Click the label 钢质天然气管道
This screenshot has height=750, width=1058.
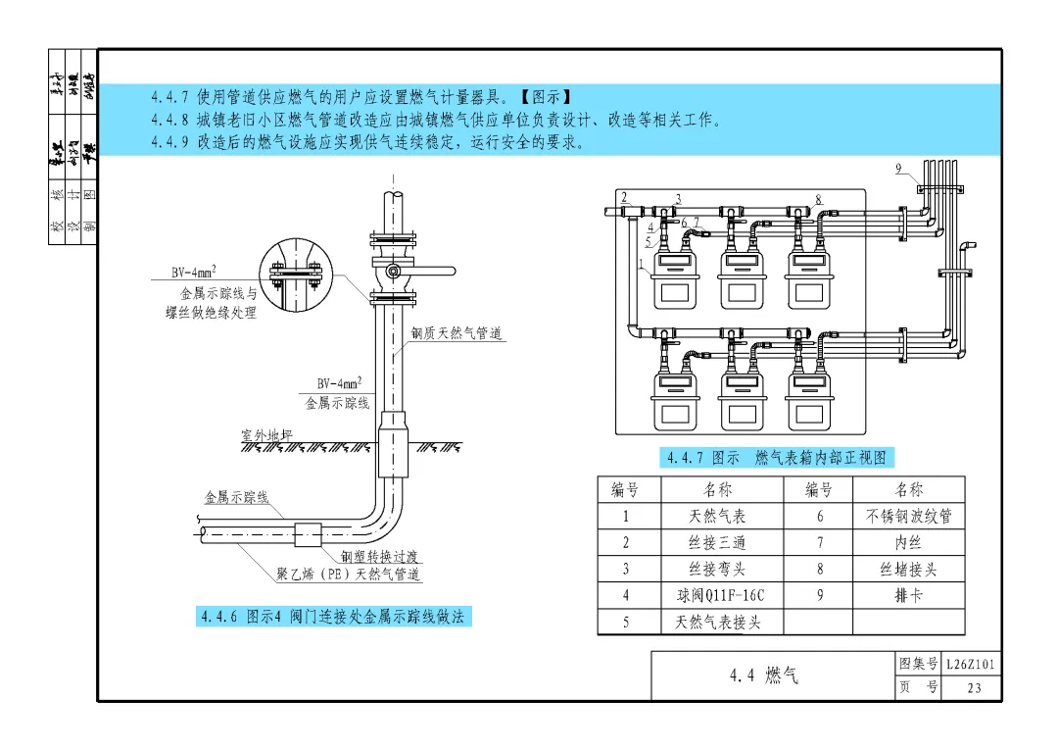(456, 334)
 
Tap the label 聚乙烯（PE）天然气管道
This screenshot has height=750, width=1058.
(349, 574)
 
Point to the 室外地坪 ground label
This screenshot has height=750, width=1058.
(266, 434)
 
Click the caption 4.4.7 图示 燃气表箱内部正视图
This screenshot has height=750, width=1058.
(777, 458)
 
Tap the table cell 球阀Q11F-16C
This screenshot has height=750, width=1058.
(720, 595)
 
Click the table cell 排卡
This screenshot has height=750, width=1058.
(908, 595)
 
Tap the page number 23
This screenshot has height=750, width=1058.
(973, 687)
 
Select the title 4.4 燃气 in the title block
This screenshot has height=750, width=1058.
(763, 675)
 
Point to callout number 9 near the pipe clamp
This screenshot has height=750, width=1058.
(898, 169)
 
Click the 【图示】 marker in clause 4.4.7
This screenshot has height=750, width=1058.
(545, 97)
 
